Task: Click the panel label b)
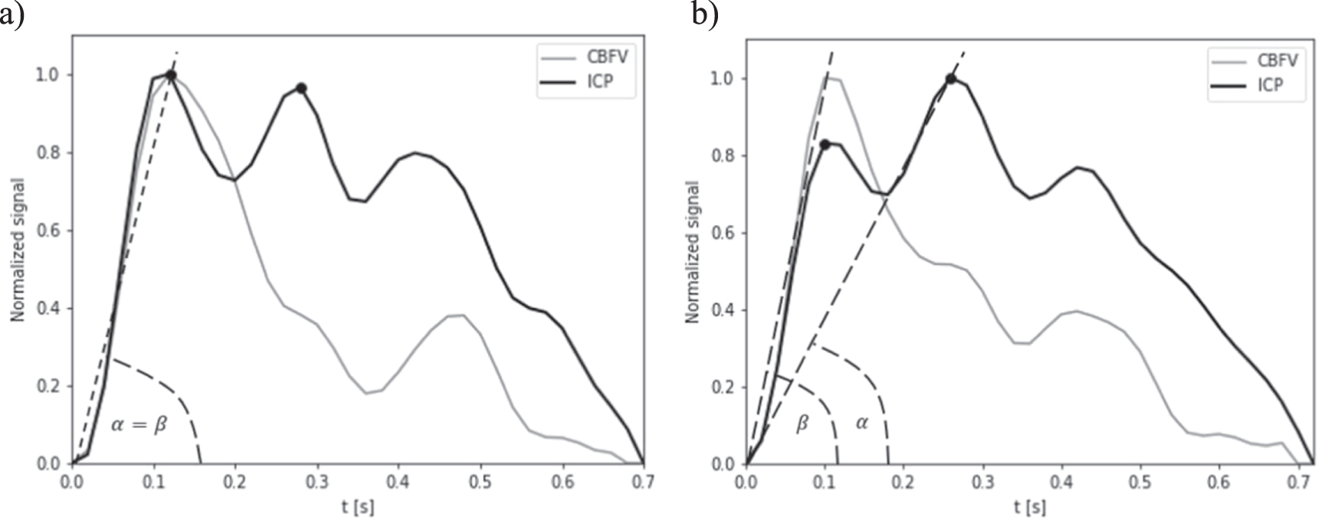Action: pyautogui.click(x=704, y=13)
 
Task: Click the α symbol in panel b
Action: pyautogui.click(x=862, y=422)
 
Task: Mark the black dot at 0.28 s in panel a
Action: pyautogui.click(x=301, y=88)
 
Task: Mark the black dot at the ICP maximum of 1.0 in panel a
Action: pyautogui.click(x=171, y=75)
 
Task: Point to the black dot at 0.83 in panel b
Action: pyautogui.click(x=825, y=144)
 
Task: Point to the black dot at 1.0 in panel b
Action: pyautogui.click(x=951, y=79)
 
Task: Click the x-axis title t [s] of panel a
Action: pyautogui.click(x=358, y=507)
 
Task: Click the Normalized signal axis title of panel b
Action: pyautogui.click(x=692, y=252)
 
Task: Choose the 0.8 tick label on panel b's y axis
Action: pyautogui.click(x=723, y=156)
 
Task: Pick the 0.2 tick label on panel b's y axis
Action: pyautogui.click(x=723, y=388)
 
